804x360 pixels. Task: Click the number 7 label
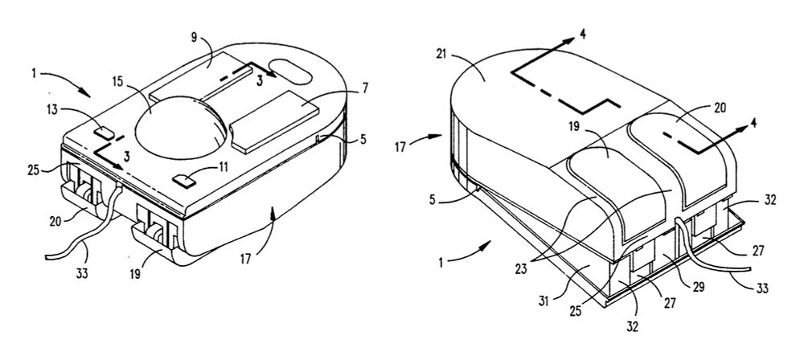click(364, 88)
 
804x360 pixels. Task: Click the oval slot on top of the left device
click(289, 70)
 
